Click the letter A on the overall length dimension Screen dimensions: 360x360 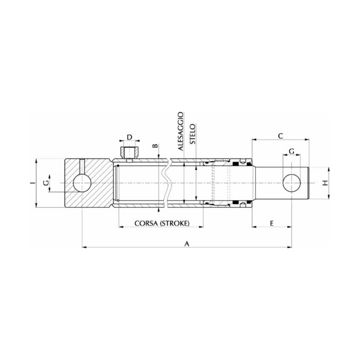click(x=186, y=243)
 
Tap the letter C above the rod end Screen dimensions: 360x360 click(x=280, y=135)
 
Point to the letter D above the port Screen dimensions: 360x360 click(x=129, y=137)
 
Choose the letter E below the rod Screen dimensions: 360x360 click(x=271, y=223)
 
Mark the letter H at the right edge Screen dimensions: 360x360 click(x=325, y=183)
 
